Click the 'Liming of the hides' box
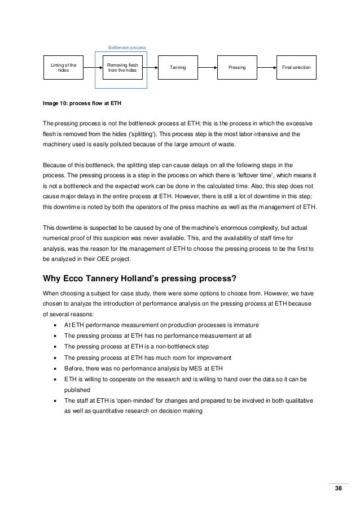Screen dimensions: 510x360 coord(64,68)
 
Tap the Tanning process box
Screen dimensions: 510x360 coord(177,68)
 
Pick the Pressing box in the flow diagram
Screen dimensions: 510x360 coord(237,68)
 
